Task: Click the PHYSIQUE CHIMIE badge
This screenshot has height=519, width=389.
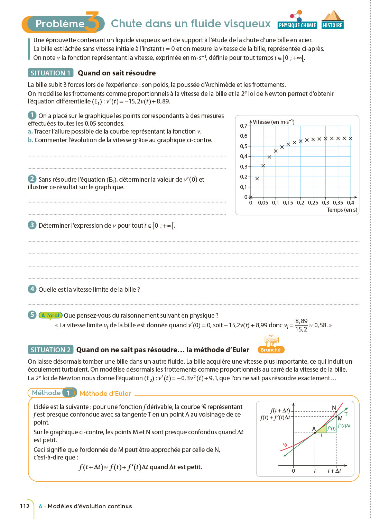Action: (x=297, y=25)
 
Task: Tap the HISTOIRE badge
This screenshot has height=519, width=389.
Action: (x=332, y=25)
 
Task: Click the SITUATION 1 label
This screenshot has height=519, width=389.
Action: (x=50, y=73)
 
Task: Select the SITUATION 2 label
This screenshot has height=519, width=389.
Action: (x=50, y=350)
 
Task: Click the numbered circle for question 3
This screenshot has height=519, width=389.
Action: (x=32, y=225)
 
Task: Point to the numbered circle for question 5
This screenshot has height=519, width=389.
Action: (x=32, y=315)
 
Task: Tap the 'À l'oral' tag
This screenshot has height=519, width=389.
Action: (x=50, y=315)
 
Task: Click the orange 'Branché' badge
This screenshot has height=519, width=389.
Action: (x=271, y=350)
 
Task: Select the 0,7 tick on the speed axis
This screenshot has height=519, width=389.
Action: (x=244, y=126)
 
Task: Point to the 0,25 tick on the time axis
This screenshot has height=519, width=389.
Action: (x=313, y=203)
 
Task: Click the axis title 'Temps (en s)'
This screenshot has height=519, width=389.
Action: (x=342, y=210)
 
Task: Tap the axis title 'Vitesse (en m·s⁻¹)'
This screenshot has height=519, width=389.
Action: (x=274, y=122)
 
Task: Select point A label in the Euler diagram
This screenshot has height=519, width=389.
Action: (x=314, y=429)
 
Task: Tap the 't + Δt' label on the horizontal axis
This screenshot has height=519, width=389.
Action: (x=334, y=471)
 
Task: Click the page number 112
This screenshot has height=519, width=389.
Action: (x=25, y=506)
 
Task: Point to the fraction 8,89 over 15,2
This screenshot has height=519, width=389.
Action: (x=301, y=325)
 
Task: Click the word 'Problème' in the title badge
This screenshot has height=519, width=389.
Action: (x=60, y=24)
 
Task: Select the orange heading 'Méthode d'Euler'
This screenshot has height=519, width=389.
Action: (x=105, y=393)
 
